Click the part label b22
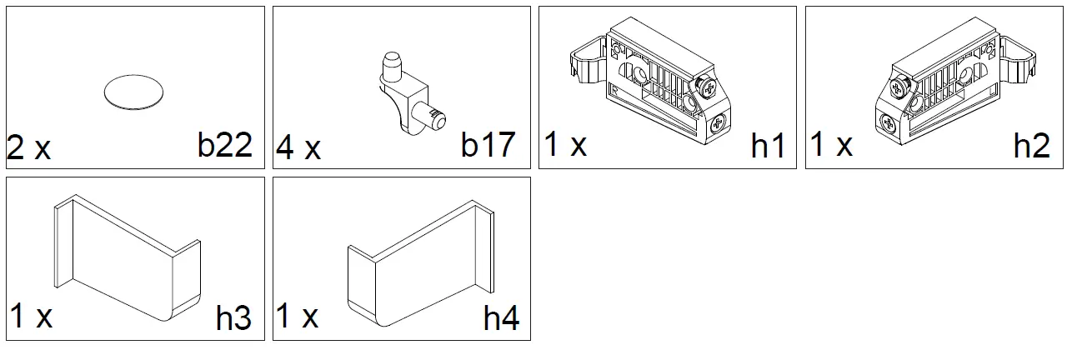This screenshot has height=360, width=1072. click(225, 146)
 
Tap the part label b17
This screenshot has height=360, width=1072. click(488, 146)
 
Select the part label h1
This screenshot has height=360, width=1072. click(768, 146)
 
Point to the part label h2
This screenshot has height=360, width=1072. click(1031, 146)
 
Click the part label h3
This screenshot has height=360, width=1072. click(233, 318)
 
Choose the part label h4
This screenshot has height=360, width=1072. click(501, 318)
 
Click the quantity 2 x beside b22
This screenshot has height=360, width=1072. click(29, 148)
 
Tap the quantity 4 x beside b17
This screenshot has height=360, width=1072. click(298, 148)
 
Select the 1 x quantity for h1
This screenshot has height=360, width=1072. click(565, 145)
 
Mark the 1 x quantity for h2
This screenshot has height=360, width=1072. click(832, 145)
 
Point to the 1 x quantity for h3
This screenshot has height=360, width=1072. click(32, 317)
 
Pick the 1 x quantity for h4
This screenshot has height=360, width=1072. click(298, 317)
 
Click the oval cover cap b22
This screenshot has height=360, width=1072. click(133, 91)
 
